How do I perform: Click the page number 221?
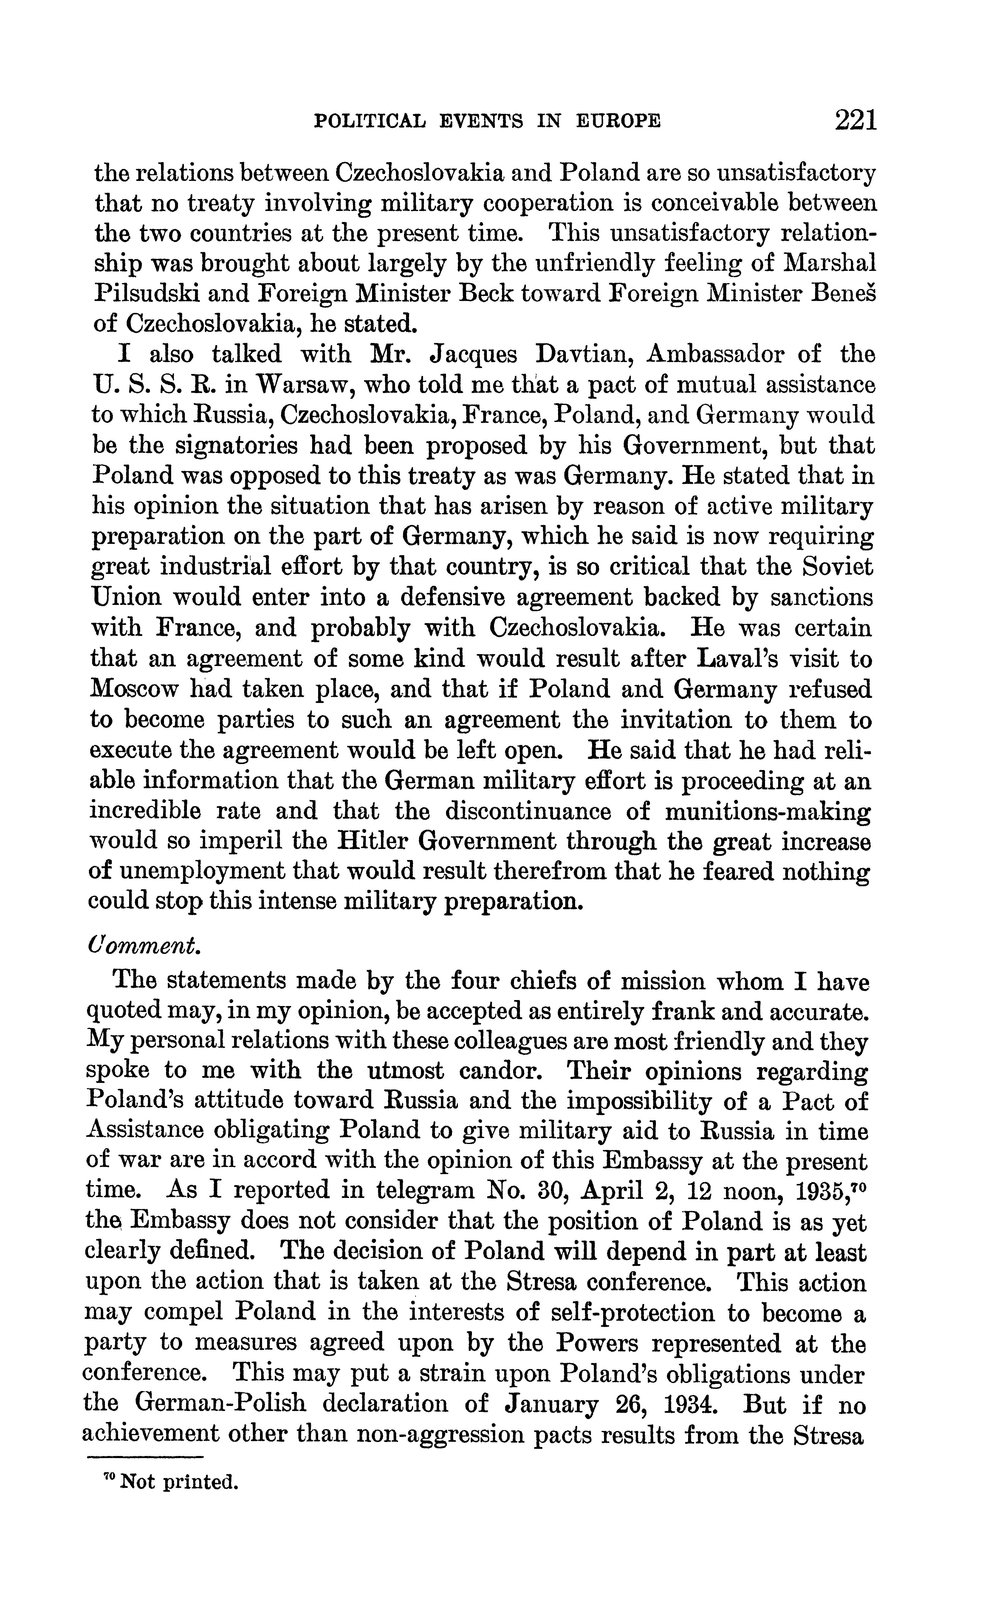(x=855, y=120)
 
